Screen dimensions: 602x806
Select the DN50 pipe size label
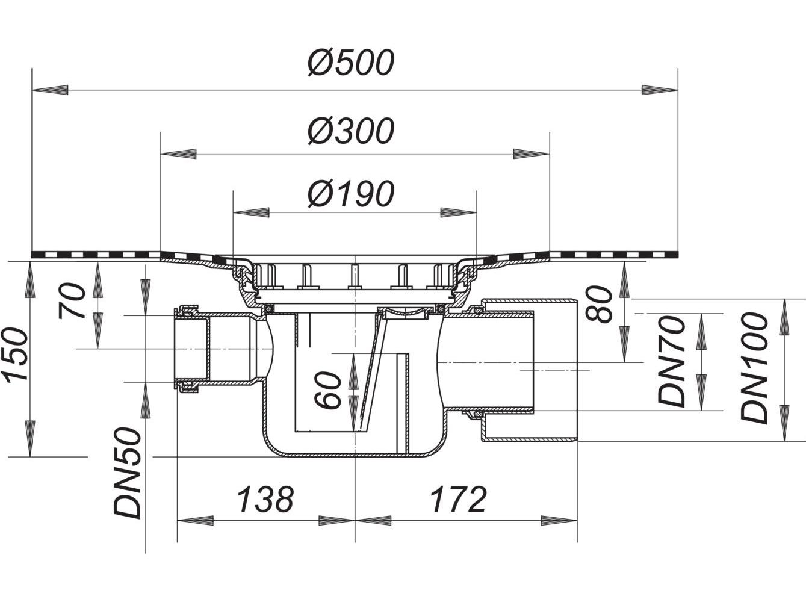[128, 473]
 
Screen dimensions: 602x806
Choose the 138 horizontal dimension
[265, 499]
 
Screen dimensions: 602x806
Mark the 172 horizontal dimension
[457, 499]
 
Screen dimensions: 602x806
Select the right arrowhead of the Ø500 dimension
[660, 90]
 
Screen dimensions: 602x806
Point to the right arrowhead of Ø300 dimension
[531, 154]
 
